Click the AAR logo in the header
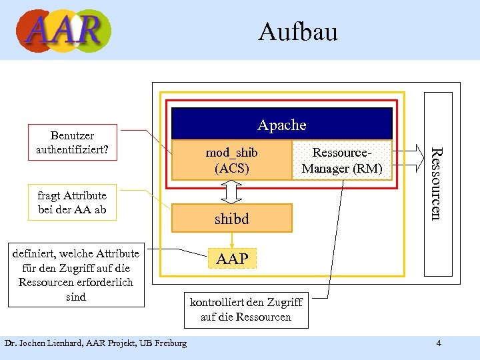pyautogui.click(x=63, y=30)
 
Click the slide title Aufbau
pyautogui.click(x=297, y=31)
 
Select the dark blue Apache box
pyautogui.click(x=281, y=125)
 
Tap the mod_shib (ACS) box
pyautogui.click(x=231, y=161)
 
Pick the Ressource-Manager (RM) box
pyautogui.click(x=342, y=161)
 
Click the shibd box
pyautogui.click(x=231, y=218)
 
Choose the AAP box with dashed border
pyautogui.click(x=231, y=259)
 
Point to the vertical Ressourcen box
pyautogui.click(x=438, y=184)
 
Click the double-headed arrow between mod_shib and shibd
pyautogui.click(x=231, y=192)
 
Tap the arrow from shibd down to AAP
pyautogui.click(x=231, y=240)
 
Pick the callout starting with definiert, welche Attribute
pyautogui.click(x=76, y=275)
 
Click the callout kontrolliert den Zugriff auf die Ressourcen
pyautogui.click(x=246, y=309)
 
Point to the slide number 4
pyautogui.click(x=438, y=343)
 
